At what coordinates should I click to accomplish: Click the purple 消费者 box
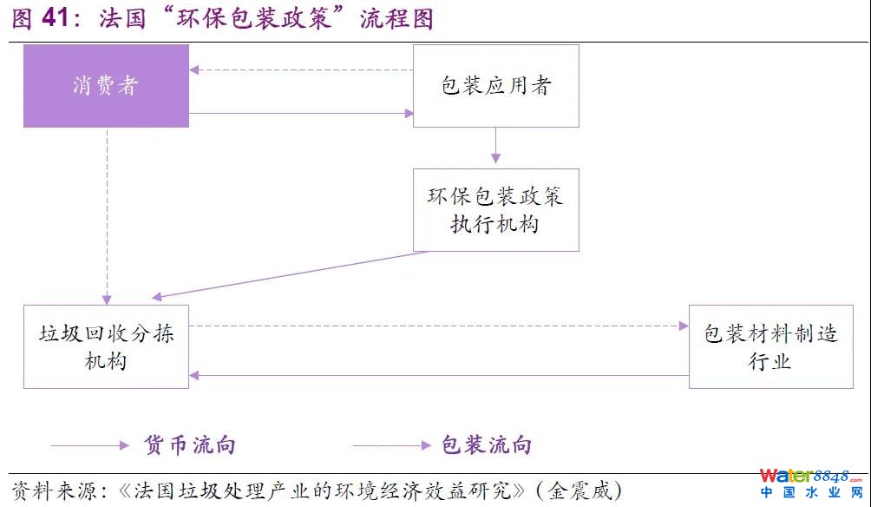(x=106, y=86)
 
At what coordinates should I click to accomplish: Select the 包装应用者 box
(x=495, y=86)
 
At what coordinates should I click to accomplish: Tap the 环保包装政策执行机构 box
(x=495, y=210)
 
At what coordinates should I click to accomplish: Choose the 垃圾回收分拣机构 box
(x=106, y=346)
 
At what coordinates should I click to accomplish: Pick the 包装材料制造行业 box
(x=770, y=346)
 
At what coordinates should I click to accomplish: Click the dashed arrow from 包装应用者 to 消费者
(x=300, y=69)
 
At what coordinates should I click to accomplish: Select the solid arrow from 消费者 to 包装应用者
(x=300, y=113)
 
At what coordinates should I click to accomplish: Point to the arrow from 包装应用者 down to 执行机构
(x=495, y=146)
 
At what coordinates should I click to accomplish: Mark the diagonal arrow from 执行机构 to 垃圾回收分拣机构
(x=295, y=274)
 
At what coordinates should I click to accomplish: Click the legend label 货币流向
(x=189, y=445)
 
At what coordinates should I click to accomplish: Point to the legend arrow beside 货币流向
(x=89, y=445)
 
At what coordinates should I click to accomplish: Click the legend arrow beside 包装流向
(x=390, y=445)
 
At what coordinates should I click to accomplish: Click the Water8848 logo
(x=811, y=483)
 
